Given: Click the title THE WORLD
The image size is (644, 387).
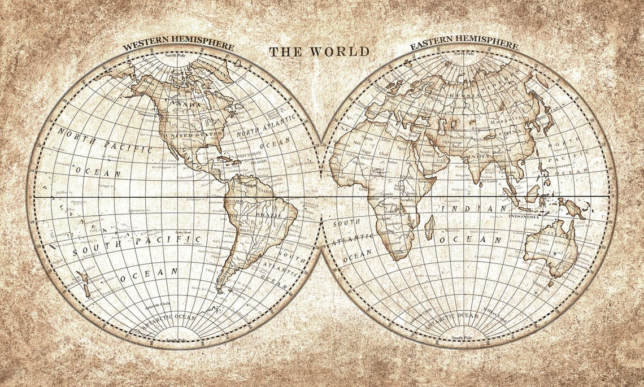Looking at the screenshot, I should (319, 51).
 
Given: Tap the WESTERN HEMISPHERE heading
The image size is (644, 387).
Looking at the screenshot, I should (179, 45).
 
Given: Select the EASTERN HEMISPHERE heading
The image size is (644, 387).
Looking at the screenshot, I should (464, 45).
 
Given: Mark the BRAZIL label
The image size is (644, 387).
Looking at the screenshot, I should (269, 215).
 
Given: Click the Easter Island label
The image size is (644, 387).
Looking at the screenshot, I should (185, 233).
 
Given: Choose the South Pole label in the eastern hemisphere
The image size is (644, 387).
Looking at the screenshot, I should (462, 338).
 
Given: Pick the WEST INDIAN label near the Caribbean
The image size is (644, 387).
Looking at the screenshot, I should (249, 154).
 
